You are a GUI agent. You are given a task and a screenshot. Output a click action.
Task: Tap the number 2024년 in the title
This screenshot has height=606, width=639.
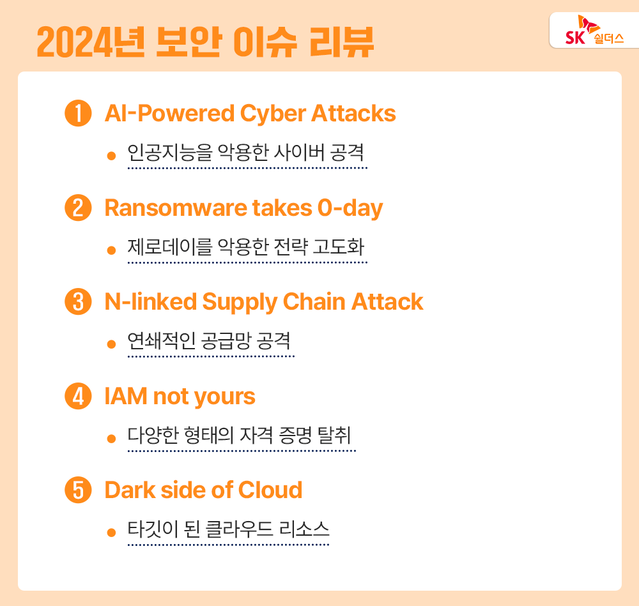(x=84, y=42)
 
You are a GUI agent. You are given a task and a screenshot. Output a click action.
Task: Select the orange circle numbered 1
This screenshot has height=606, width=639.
(x=78, y=114)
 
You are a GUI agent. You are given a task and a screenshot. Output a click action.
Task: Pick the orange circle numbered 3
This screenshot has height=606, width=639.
(x=78, y=302)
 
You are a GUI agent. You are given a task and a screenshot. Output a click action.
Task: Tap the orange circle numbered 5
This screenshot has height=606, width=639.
(x=78, y=490)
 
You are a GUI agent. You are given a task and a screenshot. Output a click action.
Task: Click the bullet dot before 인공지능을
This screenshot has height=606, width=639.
(x=111, y=156)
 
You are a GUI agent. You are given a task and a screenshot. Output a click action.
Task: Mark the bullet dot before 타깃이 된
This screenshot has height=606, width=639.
(x=111, y=532)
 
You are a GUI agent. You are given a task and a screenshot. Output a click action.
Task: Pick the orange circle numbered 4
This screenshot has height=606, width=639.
(x=78, y=396)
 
